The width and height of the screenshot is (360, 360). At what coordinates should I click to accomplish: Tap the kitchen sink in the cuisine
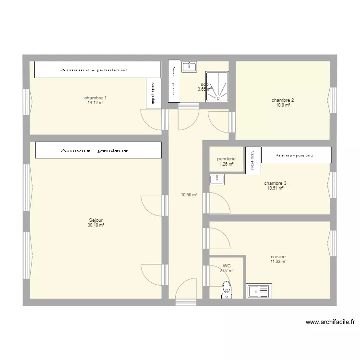[x=259, y=291]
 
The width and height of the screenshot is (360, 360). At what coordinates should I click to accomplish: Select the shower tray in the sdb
[x=217, y=87]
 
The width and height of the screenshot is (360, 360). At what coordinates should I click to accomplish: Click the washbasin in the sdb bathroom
[x=189, y=67]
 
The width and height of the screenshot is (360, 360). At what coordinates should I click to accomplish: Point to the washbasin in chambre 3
[x=217, y=180]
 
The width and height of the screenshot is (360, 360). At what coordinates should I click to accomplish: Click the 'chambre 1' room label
[x=96, y=98]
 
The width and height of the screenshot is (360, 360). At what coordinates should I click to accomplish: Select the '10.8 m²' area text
[x=283, y=105]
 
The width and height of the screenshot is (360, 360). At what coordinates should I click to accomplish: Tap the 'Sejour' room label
[x=96, y=220]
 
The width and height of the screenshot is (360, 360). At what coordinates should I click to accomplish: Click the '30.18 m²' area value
[x=96, y=225]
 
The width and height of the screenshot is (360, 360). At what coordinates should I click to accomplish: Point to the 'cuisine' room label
[x=278, y=257]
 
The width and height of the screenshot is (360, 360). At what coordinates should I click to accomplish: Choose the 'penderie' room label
[x=226, y=159]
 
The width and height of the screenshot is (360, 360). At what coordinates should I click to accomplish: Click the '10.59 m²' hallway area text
[x=189, y=195]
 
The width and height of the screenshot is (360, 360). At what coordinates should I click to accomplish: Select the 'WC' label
[x=227, y=265]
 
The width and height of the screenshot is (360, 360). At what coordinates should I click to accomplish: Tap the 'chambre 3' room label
[x=275, y=183]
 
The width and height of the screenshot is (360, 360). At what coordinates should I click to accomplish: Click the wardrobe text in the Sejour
[x=94, y=150]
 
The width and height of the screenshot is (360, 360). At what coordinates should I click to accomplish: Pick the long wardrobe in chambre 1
[x=96, y=70]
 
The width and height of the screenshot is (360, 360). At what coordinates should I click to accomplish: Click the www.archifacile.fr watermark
[x=330, y=323]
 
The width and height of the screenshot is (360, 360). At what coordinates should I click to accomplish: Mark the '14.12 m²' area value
[x=96, y=103]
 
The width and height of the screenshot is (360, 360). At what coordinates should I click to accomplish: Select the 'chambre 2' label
[x=283, y=100]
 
